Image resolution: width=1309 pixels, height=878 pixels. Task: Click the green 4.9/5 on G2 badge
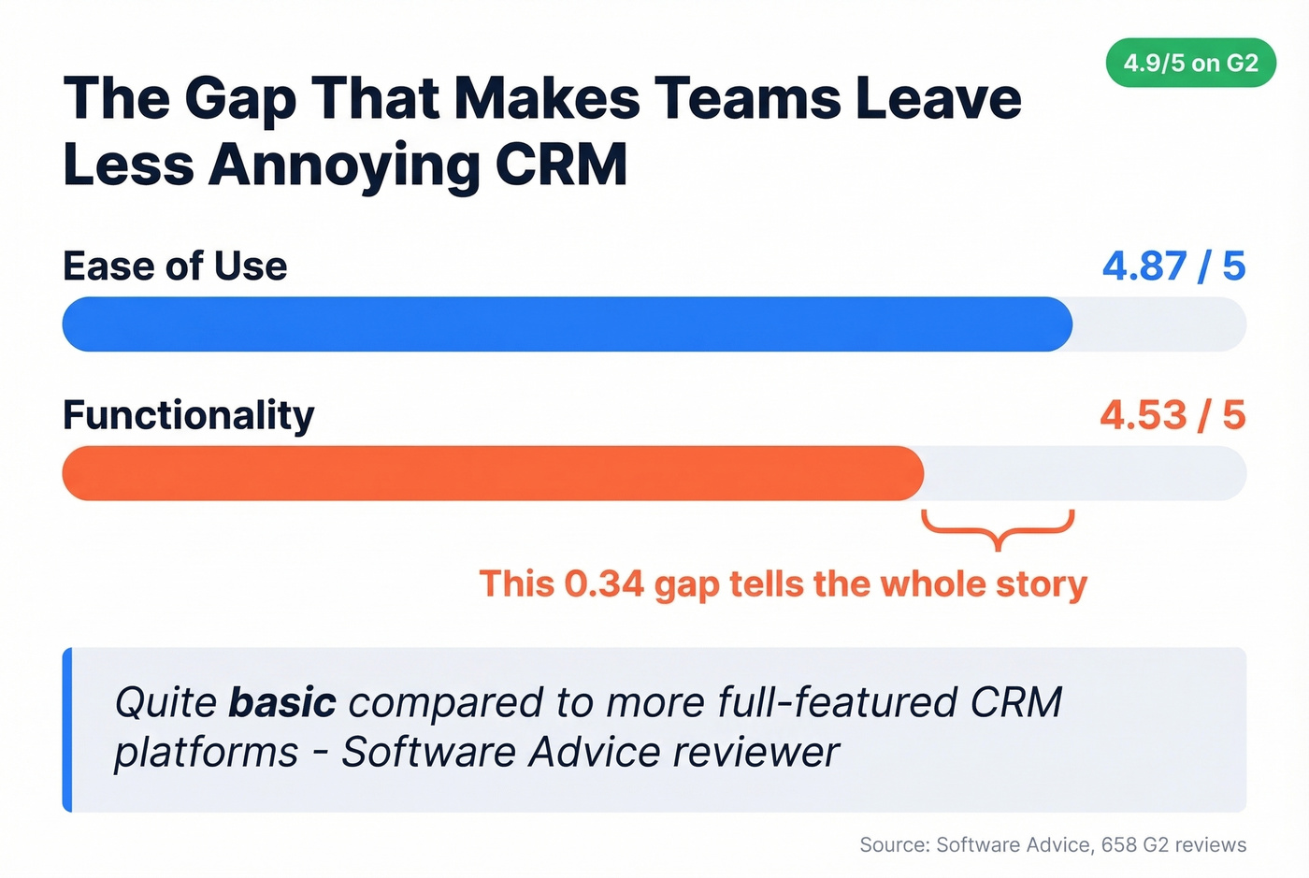1190,64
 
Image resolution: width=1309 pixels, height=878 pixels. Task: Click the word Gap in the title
240,100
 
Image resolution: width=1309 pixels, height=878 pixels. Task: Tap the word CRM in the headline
561,166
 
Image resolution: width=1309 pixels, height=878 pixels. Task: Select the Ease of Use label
175,266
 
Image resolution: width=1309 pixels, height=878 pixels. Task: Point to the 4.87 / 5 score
1173,266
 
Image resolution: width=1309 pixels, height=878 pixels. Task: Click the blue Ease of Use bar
567,324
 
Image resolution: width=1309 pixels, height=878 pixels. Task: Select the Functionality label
189,415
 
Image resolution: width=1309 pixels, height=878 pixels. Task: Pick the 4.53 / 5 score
1172,415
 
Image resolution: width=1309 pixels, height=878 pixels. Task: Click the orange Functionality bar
493,473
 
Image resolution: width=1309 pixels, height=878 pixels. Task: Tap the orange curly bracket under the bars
998,529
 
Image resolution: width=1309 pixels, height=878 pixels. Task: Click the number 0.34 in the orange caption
604,584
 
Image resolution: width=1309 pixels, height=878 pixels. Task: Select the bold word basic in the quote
282,702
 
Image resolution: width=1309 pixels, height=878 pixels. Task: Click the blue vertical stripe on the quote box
67,729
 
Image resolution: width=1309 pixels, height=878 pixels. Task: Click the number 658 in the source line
1119,845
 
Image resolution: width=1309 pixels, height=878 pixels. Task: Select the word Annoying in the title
344,166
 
